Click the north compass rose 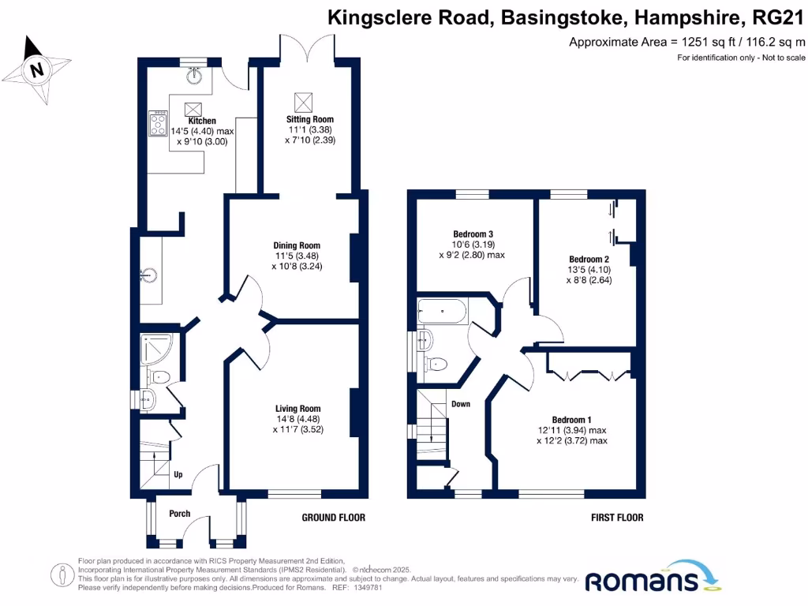35,70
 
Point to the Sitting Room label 304,120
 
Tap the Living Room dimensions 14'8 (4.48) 292,419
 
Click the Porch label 180,514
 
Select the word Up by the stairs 178,475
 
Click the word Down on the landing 461,404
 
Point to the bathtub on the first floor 443,312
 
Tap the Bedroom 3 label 473,234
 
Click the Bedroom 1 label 571,419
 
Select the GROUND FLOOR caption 334,518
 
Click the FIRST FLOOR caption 617,518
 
